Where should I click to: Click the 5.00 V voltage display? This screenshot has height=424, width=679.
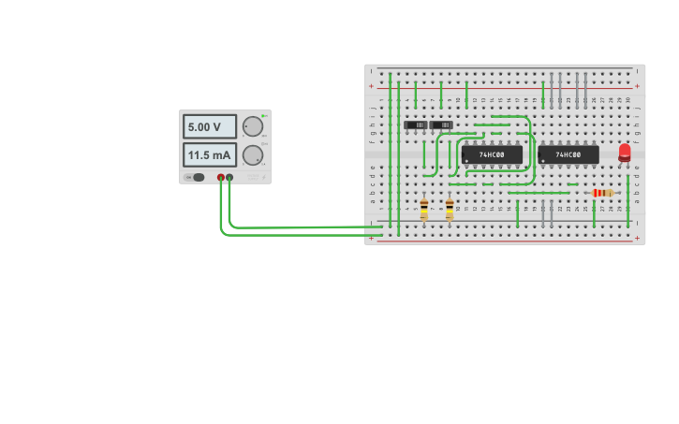coord(209,126)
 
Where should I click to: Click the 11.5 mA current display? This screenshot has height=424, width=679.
coord(209,154)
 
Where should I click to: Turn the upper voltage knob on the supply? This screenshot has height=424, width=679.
coord(253,126)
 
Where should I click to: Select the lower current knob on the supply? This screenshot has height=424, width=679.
coord(253,155)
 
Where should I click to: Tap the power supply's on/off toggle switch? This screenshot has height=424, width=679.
coord(197,177)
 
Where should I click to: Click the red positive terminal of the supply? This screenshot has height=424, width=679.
coord(221,177)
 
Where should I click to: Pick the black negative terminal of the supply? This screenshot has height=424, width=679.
coord(229,177)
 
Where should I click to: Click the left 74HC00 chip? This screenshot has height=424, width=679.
coord(492,154)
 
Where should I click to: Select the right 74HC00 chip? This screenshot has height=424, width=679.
coord(568,154)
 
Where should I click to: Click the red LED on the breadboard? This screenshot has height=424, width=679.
coord(625,151)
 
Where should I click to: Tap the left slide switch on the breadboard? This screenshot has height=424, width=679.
coord(415,124)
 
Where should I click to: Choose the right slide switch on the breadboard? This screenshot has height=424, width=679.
coord(441,124)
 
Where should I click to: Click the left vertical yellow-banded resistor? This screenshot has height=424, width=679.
coord(424,210)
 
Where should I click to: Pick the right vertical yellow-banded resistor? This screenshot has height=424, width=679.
coord(450,210)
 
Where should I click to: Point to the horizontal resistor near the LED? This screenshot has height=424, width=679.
coord(603,193)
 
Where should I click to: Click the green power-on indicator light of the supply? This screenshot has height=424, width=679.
coord(264,116)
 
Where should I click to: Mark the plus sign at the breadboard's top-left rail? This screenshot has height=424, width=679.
coord(372,86)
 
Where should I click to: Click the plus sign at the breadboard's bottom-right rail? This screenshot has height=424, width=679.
coord(638,238)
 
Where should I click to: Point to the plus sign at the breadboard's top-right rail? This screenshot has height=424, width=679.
coord(638,86)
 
